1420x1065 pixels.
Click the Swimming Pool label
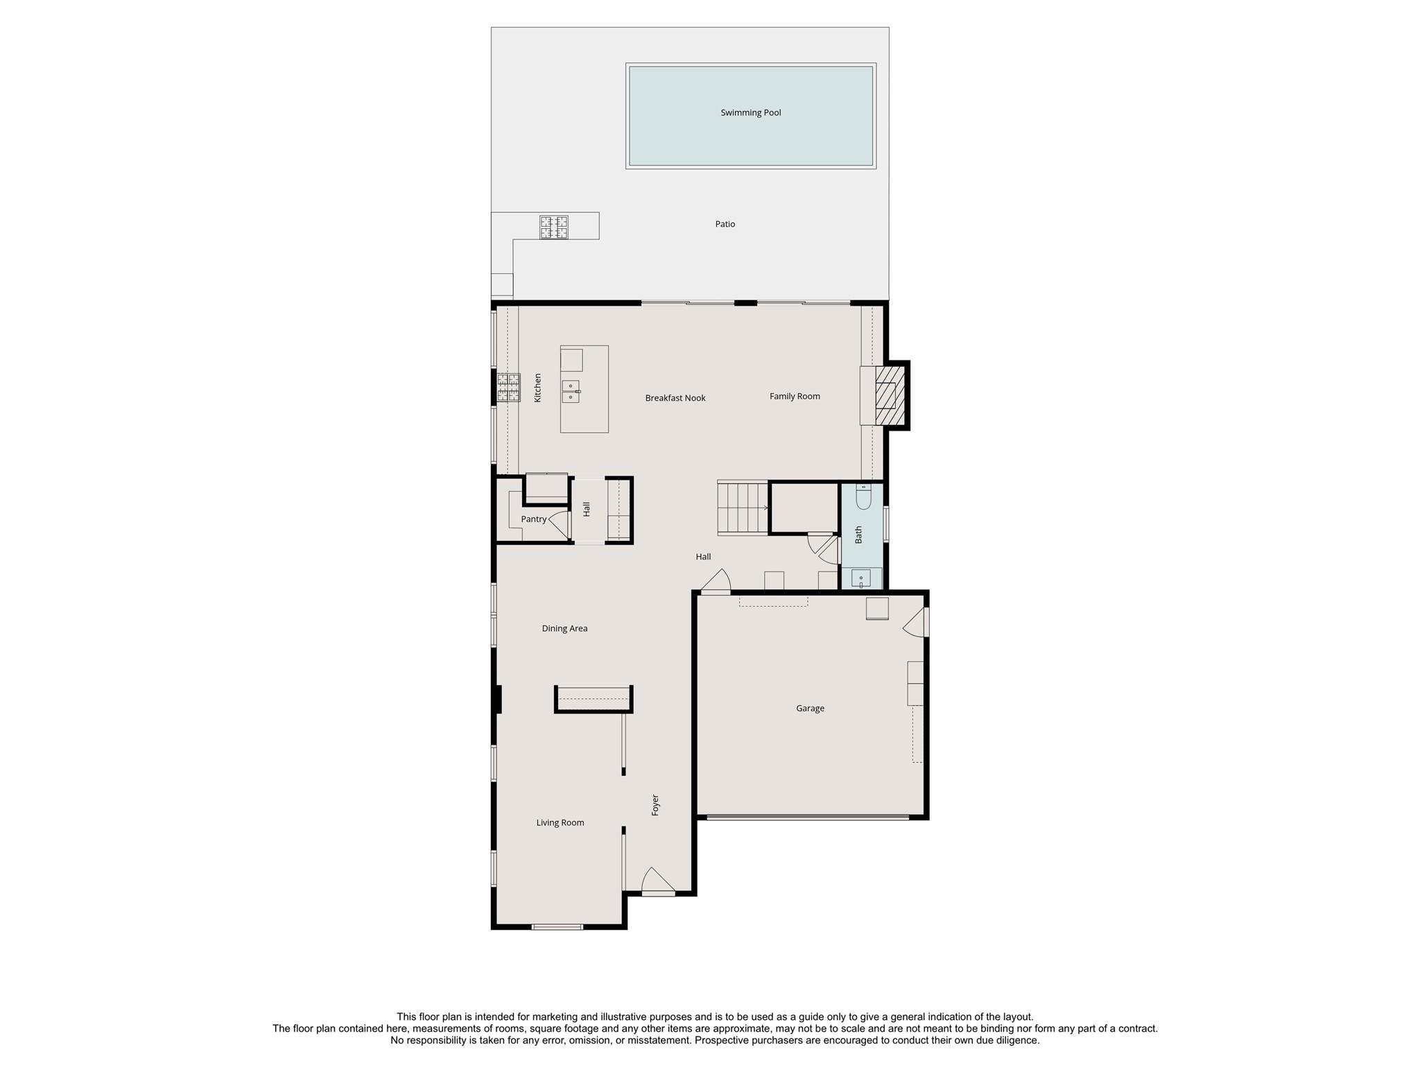[750, 112]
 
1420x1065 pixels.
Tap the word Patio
[725, 224]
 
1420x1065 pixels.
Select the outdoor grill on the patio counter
[553, 227]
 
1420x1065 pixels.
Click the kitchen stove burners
[508, 388]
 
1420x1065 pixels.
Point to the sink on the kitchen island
[571, 392]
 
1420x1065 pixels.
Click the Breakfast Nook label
[675, 398]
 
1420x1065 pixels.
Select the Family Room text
[794, 397]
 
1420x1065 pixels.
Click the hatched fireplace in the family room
[889, 396]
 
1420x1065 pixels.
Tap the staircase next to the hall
[742, 508]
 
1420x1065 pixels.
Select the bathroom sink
[860, 578]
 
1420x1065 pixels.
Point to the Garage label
[809, 709]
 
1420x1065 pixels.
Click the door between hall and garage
[717, 582]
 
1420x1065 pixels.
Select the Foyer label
[655, 805]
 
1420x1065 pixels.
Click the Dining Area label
[564, 629]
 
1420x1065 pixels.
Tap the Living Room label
[560, 823]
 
